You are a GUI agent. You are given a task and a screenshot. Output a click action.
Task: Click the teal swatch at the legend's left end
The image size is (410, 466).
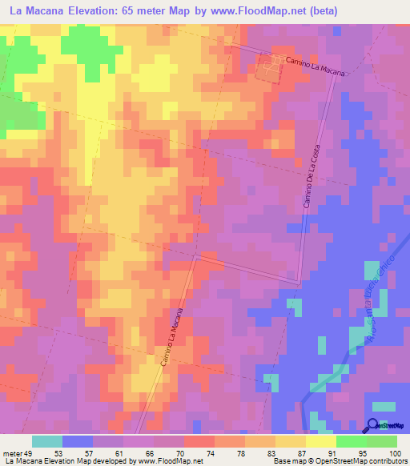pos(46,441)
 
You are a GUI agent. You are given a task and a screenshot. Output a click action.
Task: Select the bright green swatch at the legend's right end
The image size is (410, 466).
pos(382,441)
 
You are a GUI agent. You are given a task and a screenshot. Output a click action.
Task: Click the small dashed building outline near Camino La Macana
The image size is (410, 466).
pos(269,70)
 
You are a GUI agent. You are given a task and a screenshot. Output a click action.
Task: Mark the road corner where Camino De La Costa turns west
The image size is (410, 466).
pos(299,282)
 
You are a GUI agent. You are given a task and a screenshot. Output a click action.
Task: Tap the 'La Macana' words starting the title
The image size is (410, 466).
pos(40,11)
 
